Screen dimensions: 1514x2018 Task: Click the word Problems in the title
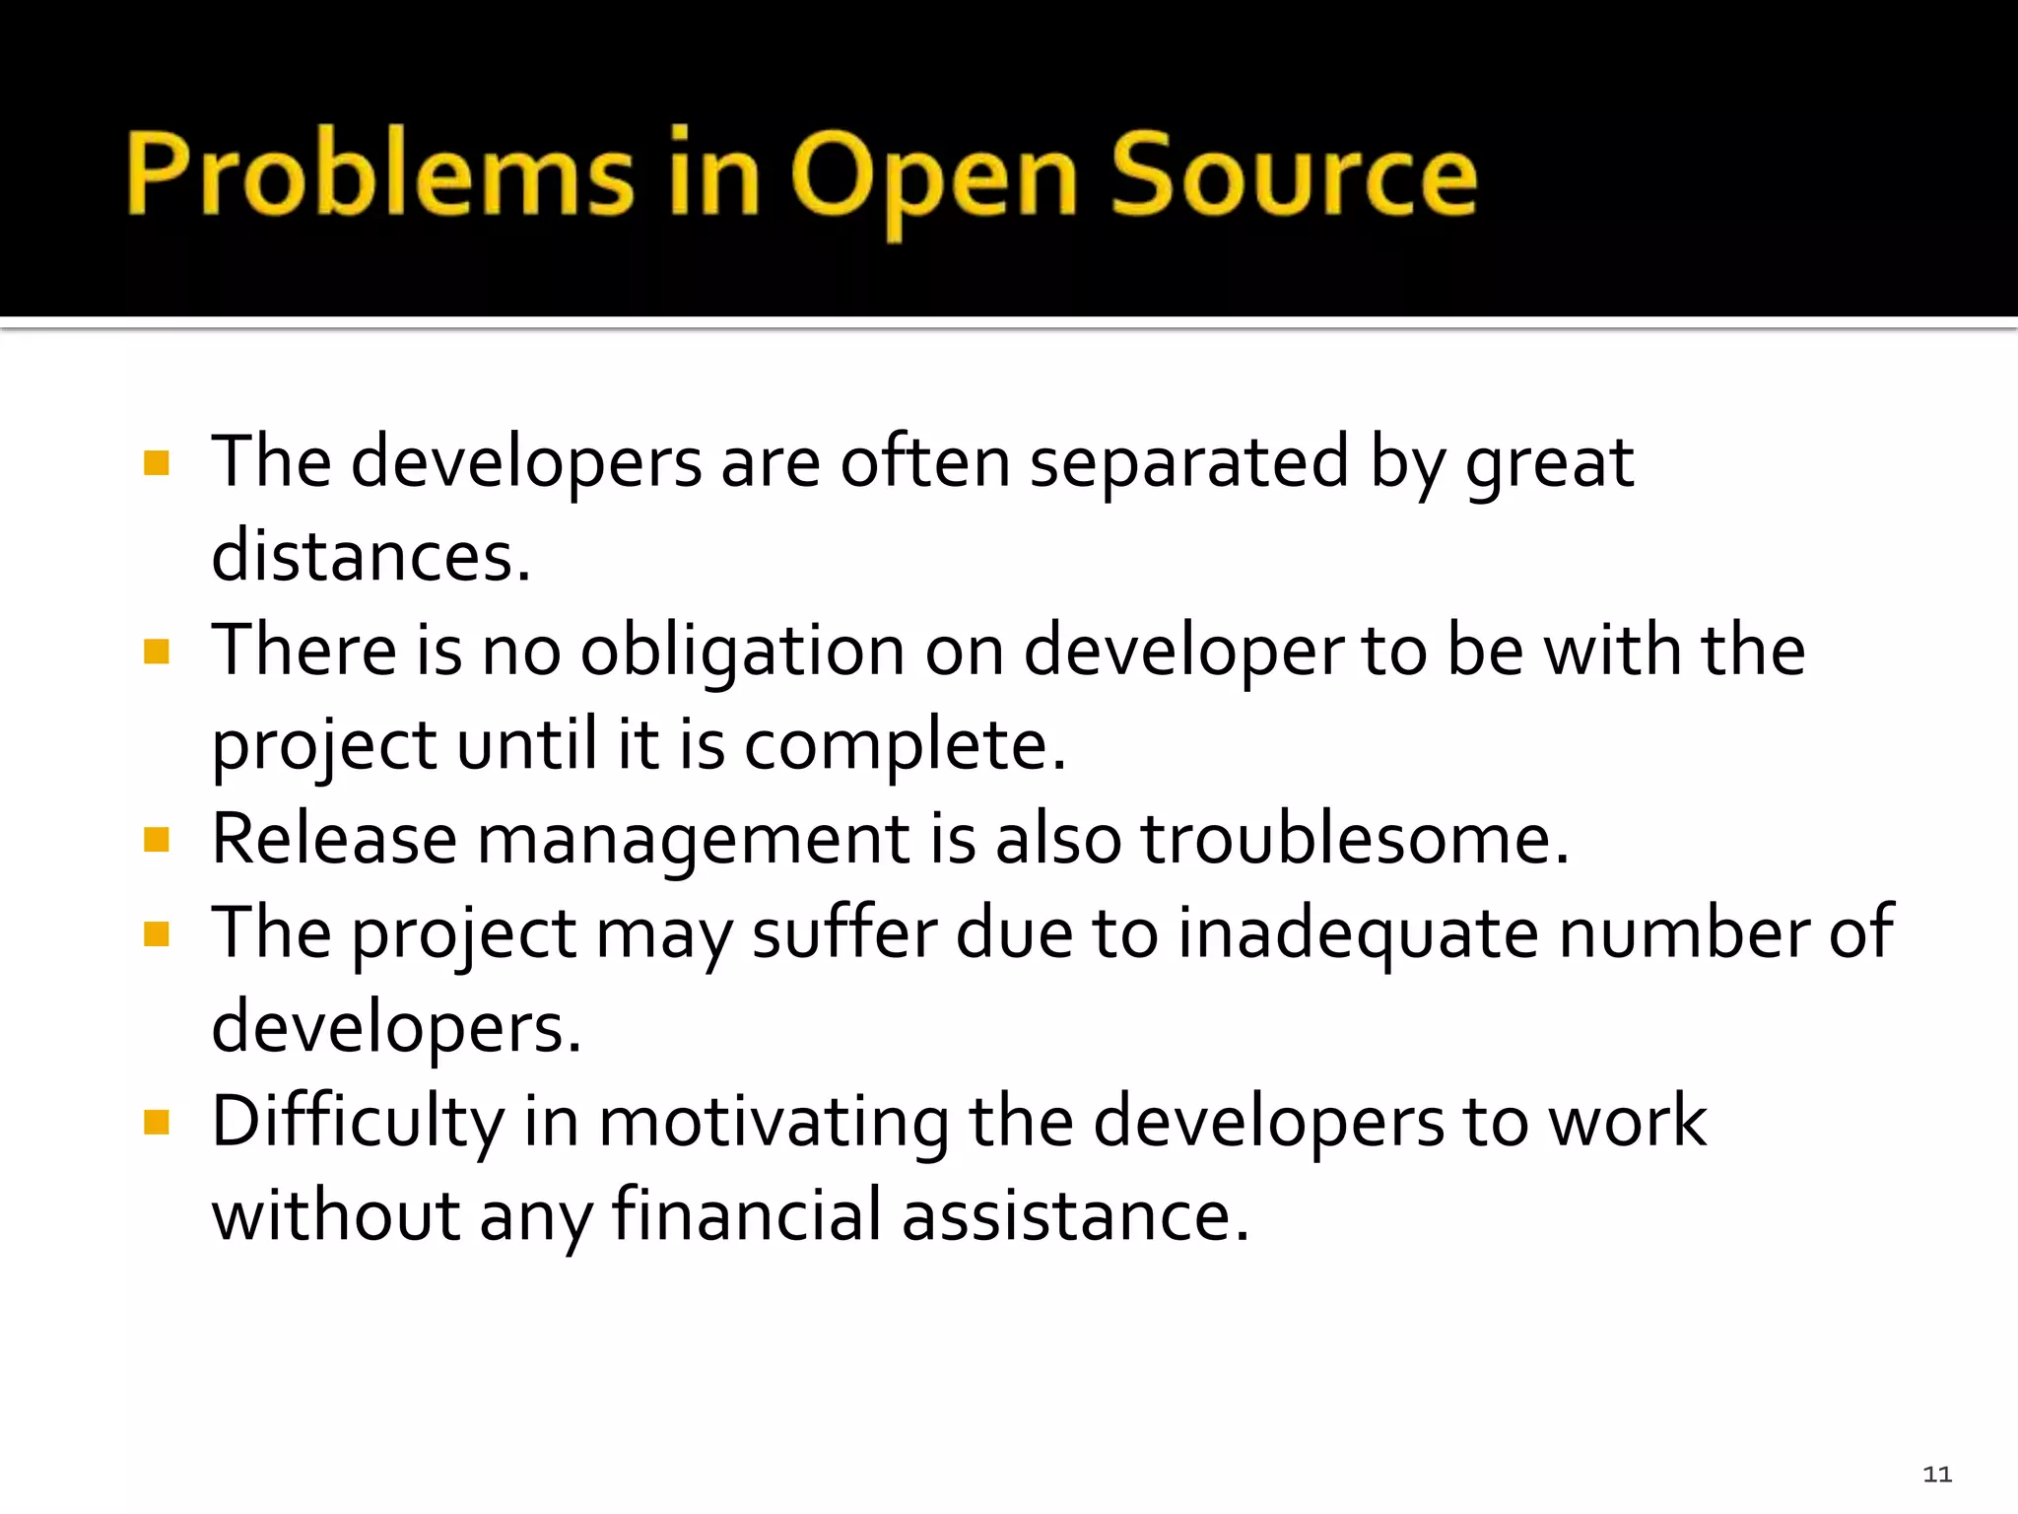(x=379, y=174)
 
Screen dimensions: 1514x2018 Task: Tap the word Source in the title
(x=1294, y=174)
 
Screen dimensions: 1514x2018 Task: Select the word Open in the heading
(x=933, y=177)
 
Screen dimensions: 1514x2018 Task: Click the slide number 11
(x=1936, y=1475)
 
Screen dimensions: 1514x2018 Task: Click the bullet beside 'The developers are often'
(x=157, y=462)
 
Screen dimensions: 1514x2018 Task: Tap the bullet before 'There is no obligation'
(x=157, y=652)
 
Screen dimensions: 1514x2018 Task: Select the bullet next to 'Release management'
(x=157, y=840)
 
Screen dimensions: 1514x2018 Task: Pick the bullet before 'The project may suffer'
(x=157, y=933)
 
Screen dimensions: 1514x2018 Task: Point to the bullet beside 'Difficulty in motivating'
(x=157, y=1122)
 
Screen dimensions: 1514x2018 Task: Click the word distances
(x=370, y=557)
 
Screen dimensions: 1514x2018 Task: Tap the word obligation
(x=742, y=653)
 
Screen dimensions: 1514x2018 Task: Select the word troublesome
(x=1354, y=840)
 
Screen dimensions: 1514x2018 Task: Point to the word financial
(x=746, y=1214)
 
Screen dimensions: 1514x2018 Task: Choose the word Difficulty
(x=358, y=1124)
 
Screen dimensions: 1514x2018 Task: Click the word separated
(x=1188, y=462)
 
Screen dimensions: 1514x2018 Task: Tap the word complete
(x=904, y=746)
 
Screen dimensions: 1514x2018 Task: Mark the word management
(x=693, y=842)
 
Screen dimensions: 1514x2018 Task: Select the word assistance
(x=1075, y=1214)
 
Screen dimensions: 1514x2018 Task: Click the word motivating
(x=774, y=1122)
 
